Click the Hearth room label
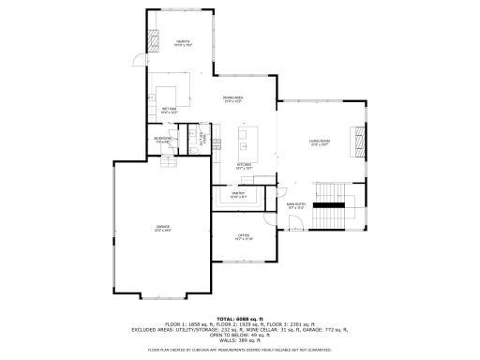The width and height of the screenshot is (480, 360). coord(182,42)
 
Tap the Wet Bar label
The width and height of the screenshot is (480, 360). coord(171,111)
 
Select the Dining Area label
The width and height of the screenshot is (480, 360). coord(232,98)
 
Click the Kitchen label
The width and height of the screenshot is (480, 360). coord(244,166)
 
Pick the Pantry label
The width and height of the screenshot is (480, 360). coord(238,194)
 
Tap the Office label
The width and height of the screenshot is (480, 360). coord(244,237)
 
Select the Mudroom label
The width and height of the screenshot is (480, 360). coord(161,142)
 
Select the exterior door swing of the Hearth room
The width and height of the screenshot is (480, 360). coord(139,61)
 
